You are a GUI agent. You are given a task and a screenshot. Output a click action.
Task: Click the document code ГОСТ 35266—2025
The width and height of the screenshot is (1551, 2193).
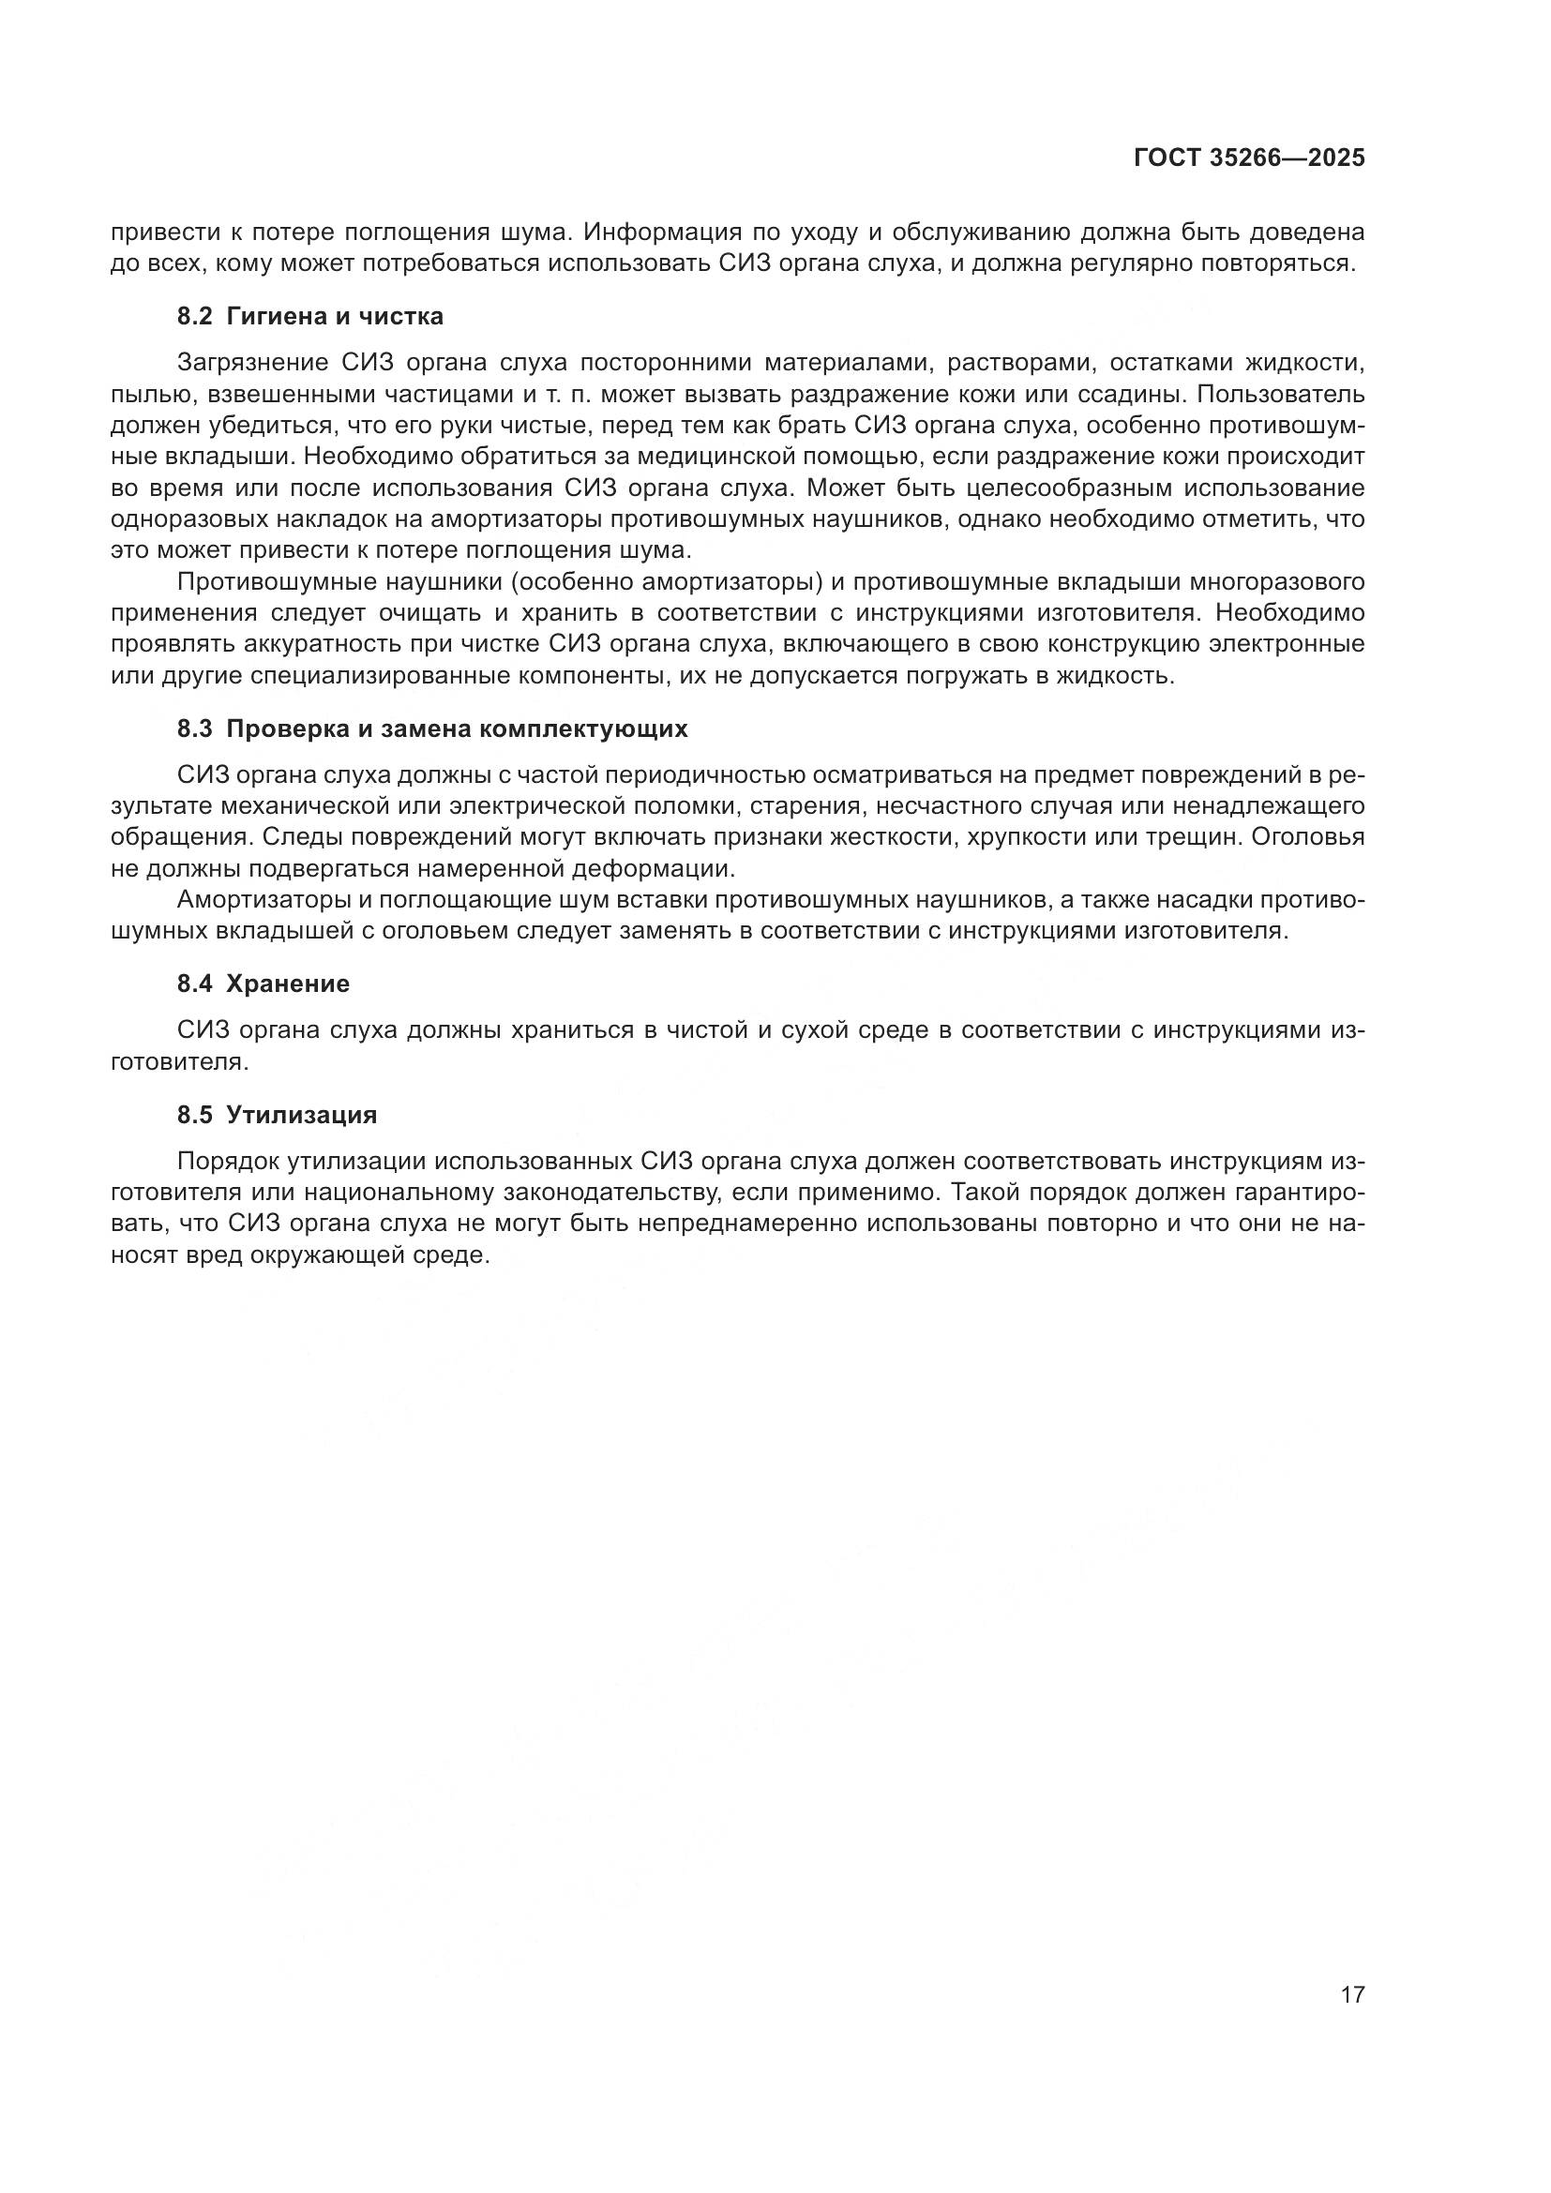[x=1249, y=158]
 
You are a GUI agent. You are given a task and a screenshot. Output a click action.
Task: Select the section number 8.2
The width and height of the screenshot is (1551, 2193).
[x=194, y=316]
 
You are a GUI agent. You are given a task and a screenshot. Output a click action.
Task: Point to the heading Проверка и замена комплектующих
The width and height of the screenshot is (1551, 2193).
[x=457, y=729]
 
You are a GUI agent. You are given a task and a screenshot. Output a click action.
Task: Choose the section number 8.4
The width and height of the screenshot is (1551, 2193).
[x=194, y=984]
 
